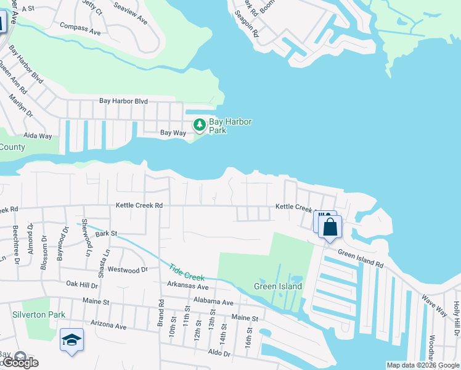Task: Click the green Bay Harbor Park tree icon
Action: pyautogui.click(x=199, y=125)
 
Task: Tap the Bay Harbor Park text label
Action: pyautogui.click(x=230, y=126)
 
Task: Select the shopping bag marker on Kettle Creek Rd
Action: pyautogui.click(x=330, y=226)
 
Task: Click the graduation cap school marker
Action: pyautogui.click(x=71, y=340)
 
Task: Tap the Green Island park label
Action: pyautogui.click(x=278, y=286)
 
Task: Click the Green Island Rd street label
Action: pyautogui.click(x=361, y=258)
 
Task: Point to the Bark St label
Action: pyautogui.click(x=106, y=234)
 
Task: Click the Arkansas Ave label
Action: pyautogui.click(x=188, y=287)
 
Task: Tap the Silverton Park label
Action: pyautogui.click(x=38, y=314)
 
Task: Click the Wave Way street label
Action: pyautogui.click(x=434, y=305)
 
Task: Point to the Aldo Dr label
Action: pyautogui.click(x=219, y=353)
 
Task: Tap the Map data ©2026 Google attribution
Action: pyautogui.click(x=422, y=365)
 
